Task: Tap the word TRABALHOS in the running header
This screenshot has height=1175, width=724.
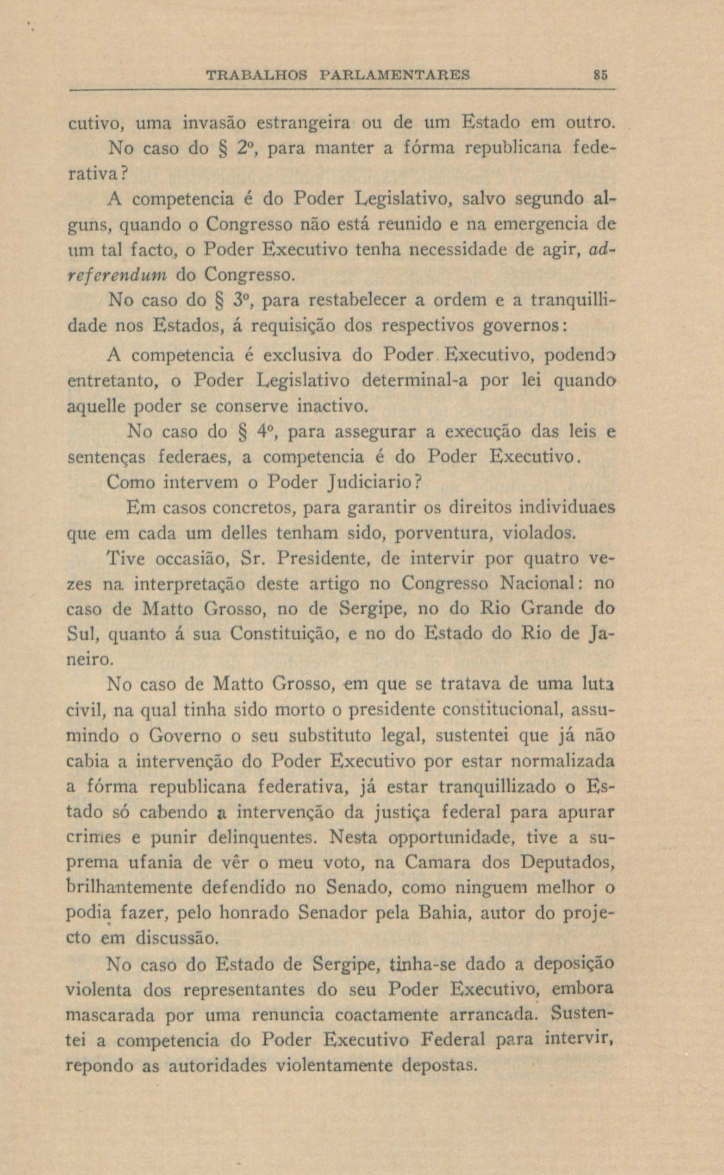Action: pos(256,75)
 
